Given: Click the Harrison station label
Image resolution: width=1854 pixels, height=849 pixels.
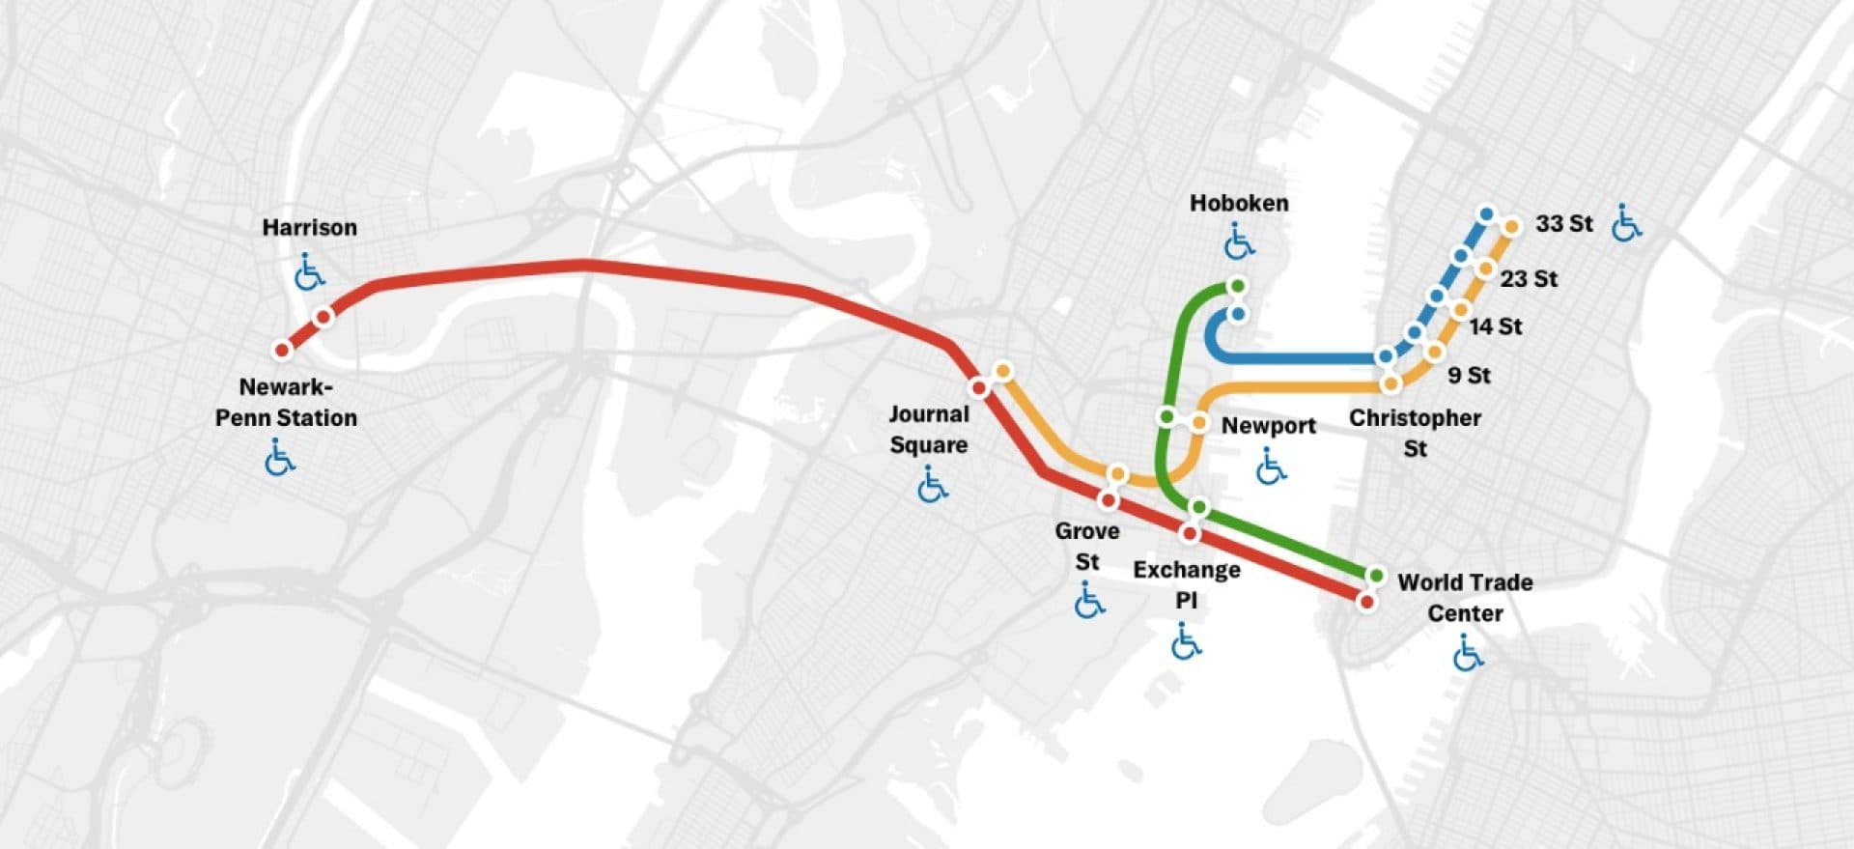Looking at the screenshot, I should [x=309, y=228].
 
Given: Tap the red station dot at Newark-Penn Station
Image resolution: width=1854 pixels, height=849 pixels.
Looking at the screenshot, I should [x=282, y=350].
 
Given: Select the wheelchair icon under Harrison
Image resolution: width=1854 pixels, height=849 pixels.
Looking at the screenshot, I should [x=309, y=272].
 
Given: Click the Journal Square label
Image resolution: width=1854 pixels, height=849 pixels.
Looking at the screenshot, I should [x=929, y=429].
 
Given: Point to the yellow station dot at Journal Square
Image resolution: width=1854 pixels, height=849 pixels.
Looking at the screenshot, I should [x=1003, y=371].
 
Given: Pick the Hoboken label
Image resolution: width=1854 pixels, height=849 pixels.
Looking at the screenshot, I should [x=1239, y=204].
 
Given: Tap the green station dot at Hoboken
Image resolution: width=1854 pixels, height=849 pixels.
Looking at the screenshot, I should [x=1237, y=287].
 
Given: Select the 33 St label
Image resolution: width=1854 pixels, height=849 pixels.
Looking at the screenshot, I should [x=1563, y=223].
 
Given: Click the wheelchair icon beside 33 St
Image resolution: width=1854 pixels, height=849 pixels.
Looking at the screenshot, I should [x=1626, y=223].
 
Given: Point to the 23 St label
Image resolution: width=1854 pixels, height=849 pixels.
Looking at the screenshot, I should [x=1529, y=279].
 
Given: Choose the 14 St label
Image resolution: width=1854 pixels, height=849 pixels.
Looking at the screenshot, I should [x=1496, y=327].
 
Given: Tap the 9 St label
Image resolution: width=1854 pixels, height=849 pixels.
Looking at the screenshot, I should [x=1469, y=376].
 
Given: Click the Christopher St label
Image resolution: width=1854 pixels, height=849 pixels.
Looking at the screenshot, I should [x=1415, y=433].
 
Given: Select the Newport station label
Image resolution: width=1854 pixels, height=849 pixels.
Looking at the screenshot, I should [x=1268, y=426].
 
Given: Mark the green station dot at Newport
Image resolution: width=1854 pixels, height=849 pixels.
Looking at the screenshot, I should [x=1166, y=417].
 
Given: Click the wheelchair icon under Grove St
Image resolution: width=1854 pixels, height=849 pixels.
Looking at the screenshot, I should [x=1089, y=601].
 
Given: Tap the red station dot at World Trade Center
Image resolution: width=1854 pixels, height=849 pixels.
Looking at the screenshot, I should [x=1365, y=602].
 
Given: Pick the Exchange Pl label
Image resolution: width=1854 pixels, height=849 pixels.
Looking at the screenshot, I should [x=1187, y=584].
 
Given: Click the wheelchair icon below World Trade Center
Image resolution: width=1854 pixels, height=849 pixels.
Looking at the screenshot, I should [x=1468, y=654].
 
